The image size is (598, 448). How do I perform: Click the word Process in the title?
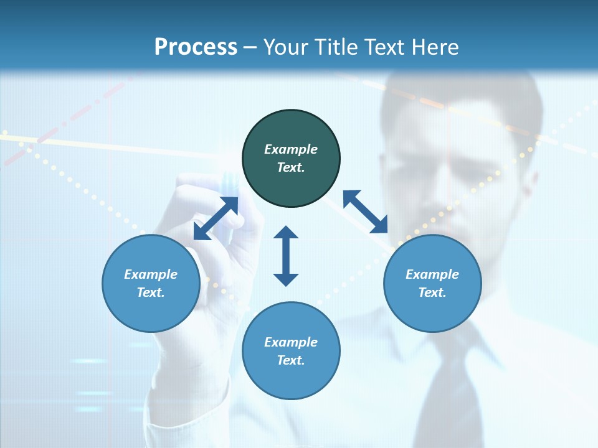click(196, 47)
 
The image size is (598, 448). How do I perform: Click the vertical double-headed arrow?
click(286, 256)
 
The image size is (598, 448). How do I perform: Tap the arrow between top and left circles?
click(216, 218)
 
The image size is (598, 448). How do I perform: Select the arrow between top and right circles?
click(366, 212)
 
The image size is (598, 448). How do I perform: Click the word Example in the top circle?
click(291, 149)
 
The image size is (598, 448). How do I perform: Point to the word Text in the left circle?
click(151, 292)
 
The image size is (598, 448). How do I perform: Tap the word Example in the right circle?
click(432, 274)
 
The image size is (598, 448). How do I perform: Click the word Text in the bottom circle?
click(291, 360)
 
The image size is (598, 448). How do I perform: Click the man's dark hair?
click(448, 93)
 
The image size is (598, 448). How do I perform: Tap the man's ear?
click(533, 180)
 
